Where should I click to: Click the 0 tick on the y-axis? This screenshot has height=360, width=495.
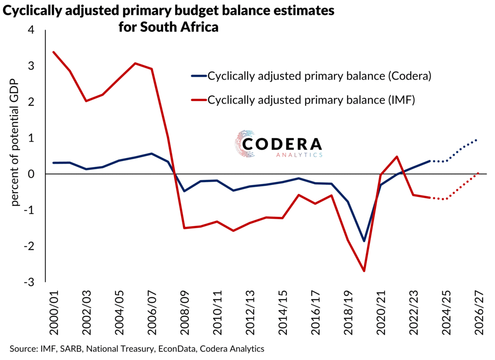[x=32, y=174]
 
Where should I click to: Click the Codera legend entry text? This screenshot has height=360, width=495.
[x=319, y=76]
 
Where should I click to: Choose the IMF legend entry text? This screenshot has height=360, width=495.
[x=311, y=100]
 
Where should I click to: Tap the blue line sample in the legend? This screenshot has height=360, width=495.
[x=198, y=76]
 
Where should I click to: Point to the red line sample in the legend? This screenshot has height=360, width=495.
[x=198, y=100]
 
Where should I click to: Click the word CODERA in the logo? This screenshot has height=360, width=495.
[x=282, y=143]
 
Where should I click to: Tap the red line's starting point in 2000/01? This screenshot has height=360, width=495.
[x=53, y=52]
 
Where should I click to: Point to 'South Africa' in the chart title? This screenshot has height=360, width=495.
[x=183, y=27]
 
